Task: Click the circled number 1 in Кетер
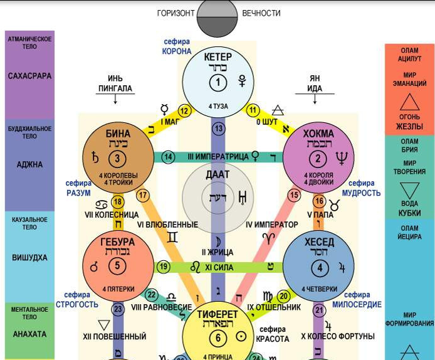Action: [x=218, y=83]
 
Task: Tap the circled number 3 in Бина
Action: [x=117, y=157]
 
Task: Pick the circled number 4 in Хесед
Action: [x=320, y=268]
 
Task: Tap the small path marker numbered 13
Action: [x=218, y=129]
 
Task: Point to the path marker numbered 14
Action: [x=167, y=156]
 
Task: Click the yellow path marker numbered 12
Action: [x=184, y=110]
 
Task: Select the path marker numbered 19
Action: [x=164, y=267]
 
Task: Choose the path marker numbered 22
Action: [x=152, y=295]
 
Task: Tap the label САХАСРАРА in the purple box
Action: [x=29, y=76]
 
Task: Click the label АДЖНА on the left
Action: [x=29, y=165]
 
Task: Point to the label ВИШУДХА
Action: [x=29, y=257]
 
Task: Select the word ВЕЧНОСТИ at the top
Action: [x=261, y=13]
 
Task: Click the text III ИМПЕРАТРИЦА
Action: [x=217, y=156]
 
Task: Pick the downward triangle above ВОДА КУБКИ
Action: [x=409, y=190]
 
